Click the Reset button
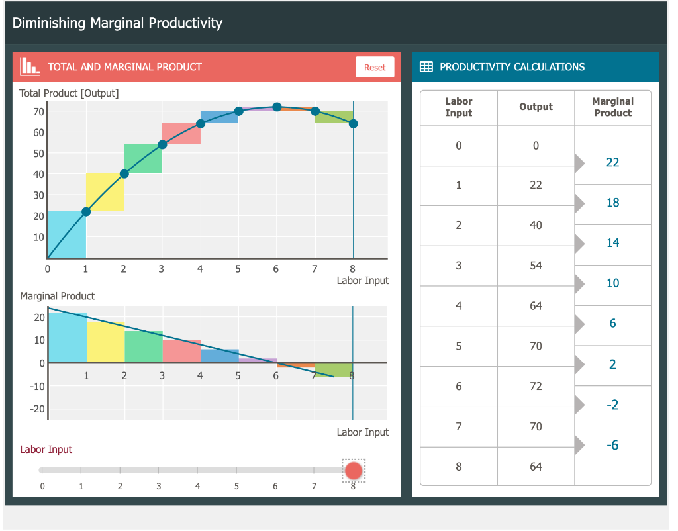point(374,67)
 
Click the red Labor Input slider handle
point(354,471)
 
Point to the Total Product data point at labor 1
point(86,212)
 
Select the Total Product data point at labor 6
point(277,107)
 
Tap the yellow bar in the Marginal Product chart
point(106,342)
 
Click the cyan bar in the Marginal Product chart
point(68,338)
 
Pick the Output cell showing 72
point(536,386)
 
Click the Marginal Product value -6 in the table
point(612,445)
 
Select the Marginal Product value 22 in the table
point(612,162)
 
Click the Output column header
point(536,107)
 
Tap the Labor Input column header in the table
point(458,107)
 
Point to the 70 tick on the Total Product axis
point(38,111)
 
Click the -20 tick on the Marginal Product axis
point(37,409)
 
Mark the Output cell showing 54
point(536,265)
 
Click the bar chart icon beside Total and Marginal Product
point(30,66)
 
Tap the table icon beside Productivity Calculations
point(426,67)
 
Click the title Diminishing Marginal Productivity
point(117,23)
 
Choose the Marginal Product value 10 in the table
point(612,283)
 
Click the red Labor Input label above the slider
point(46,449)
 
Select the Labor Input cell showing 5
point(458,346)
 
